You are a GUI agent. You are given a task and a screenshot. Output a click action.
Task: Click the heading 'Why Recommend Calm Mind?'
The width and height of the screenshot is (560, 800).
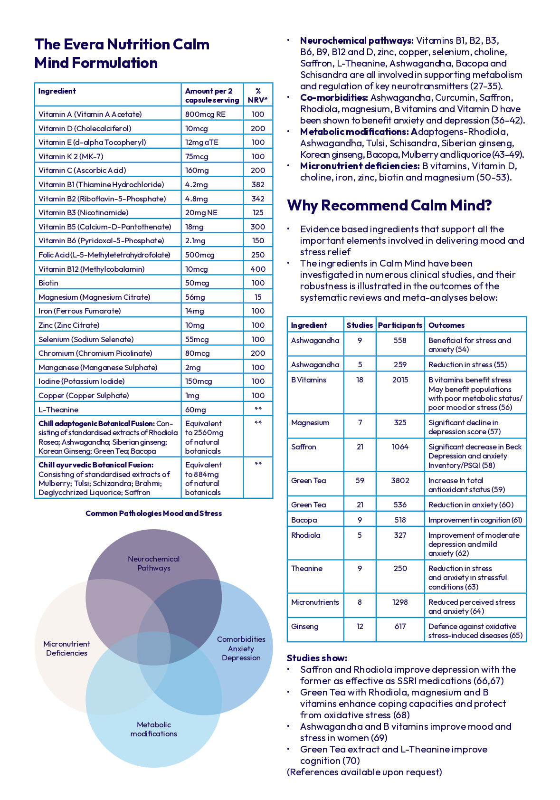tap(389, 205)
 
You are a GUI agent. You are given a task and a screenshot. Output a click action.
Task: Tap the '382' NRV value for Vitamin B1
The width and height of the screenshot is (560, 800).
tap(258, 184)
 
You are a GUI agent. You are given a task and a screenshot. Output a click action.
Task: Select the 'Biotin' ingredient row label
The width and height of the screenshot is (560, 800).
tap(48, 283)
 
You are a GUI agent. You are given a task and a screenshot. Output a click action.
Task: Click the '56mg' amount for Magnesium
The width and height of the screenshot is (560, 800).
tap(195, 297)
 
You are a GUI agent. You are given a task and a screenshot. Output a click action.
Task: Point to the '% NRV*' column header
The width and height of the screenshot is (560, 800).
tap(258, 95)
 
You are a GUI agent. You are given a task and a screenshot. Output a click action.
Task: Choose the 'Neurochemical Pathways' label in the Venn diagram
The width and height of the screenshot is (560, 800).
tap(153, 563)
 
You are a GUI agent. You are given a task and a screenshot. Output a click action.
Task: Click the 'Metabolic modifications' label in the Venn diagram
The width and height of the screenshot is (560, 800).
tap(153, 729)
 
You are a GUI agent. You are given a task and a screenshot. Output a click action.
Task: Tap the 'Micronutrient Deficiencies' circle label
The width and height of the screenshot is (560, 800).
tap(66, 648)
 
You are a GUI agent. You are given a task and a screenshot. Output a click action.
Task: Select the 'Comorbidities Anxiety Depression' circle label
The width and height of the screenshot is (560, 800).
tap(241, 648)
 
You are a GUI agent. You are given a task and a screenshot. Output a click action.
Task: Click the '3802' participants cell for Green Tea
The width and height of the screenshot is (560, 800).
tap(400, 480)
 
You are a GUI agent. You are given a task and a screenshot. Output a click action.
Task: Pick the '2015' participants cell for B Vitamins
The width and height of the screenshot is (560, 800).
tap(400, 380)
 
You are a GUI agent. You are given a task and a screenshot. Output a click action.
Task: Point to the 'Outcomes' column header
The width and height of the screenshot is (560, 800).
tap(446, 325)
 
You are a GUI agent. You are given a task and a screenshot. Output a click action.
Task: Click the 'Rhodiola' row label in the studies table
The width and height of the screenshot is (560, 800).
tap(306, 535)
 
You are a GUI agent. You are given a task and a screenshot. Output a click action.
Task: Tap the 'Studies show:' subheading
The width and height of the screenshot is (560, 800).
tap(317, 658)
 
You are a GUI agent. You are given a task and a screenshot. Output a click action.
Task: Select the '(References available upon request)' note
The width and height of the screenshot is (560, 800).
tap(364, 772)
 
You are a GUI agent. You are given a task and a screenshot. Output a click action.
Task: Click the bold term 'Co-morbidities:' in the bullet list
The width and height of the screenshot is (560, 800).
tap(334, 97)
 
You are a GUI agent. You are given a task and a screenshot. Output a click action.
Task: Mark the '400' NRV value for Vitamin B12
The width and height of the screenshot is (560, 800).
tap(258, 269)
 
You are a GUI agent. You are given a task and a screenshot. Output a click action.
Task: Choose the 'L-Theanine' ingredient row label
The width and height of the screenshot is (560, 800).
tap(58, 410)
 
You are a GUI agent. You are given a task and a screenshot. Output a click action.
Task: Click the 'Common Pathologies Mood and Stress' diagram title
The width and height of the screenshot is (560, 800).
tap(153, 513)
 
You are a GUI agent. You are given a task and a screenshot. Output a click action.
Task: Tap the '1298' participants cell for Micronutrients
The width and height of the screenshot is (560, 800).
tap(400, 602)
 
